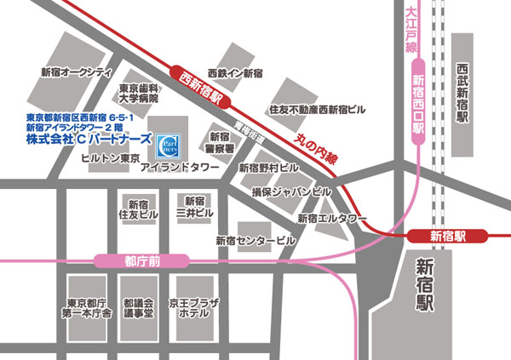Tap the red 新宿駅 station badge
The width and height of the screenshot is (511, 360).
pyautogui.click(x=447, y=237)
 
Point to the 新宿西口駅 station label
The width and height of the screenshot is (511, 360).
pyautogui.click(x=417, y=105)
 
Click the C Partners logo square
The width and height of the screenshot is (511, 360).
pyautogui.click(x=169, y=141)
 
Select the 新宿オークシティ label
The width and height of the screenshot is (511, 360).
pyautogui.click(x=78, y=71)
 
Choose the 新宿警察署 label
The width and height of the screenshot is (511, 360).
pyautogui.click(x=220, y=142)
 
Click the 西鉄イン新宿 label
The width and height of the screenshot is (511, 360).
pyautogui.click(x=237, y=74)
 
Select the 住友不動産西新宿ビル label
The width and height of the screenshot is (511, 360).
pyautogui.click(x=316, y=110)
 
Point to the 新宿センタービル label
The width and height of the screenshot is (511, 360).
pyautogui.click(x=255, y=241)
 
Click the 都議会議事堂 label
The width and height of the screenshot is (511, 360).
pyautogui.click(x=137, y=308)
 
